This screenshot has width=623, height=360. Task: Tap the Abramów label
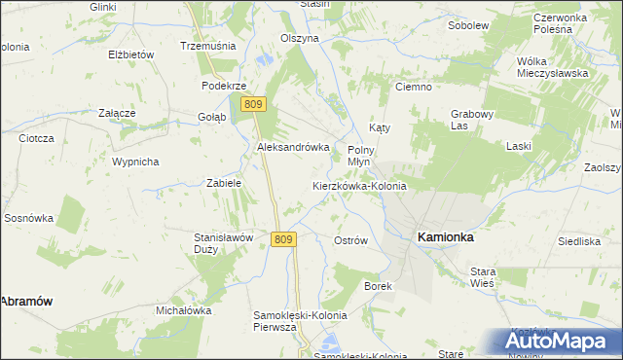(x=25, y=302)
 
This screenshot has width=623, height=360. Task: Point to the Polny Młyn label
(x=361, y=156)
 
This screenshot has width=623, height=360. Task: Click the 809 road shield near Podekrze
(x=254, y=104)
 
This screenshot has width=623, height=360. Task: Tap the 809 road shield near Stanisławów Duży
(x=282, y=239)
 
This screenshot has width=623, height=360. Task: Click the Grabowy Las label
(x=473, y=120)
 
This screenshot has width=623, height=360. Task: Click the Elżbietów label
(x=132, y=54)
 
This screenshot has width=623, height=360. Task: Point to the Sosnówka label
(x=28, y=218)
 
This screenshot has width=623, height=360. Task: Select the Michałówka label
(x=184, y=310)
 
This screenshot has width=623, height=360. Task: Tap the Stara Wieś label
(x=483, y=276)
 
